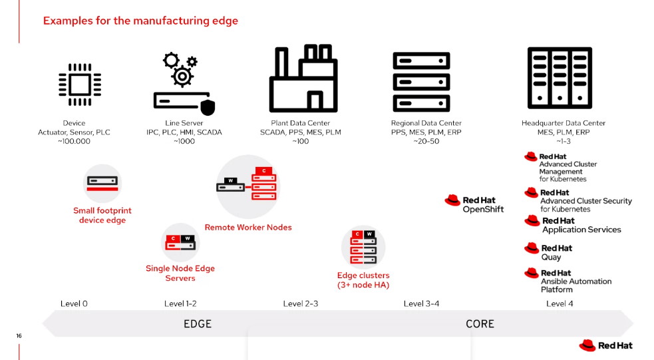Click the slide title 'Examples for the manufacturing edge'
click(x=140, y=21)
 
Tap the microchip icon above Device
click(x=75, y=85)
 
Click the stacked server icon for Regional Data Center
click(x=422, y=82)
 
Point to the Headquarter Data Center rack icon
click(x=559, y=77)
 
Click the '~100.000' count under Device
click(x=75, y=142)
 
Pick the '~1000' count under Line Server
click(x=184, y=142)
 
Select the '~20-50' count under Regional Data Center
click(x=426, y=142)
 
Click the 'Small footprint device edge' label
click(x=102, y=216)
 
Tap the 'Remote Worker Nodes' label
click(x=248, y=228)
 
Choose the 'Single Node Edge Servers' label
click(x=180, y=273)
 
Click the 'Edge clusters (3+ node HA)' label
click(x=363, y=280)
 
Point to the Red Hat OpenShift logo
click(x=474, y=204)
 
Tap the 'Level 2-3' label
click(x=301, y=304)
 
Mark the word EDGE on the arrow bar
click(x=198, y=324)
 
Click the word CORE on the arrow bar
click(x=480, y=324)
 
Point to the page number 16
click(x=19, y=336)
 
